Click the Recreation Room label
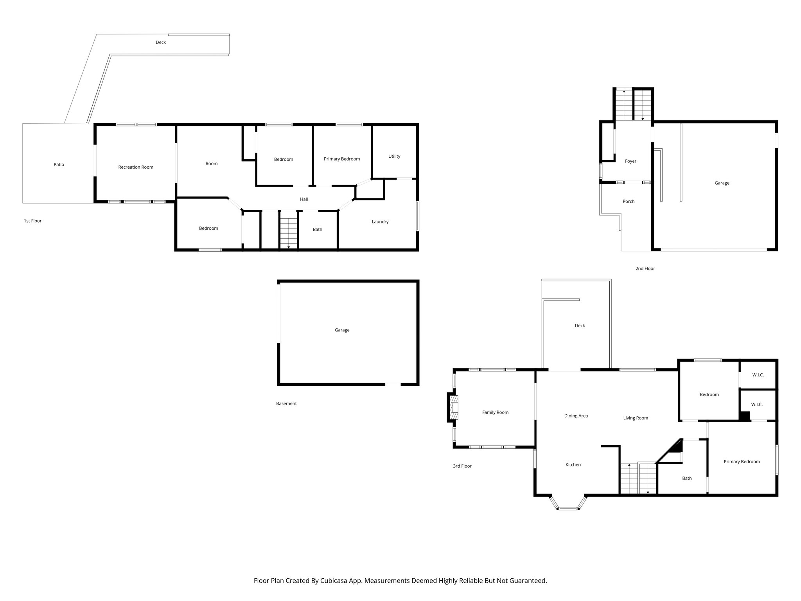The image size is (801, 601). coord(136,167)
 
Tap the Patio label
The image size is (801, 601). coord(59,164)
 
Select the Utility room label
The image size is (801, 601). coord(394,156)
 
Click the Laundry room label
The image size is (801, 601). coord(380,221)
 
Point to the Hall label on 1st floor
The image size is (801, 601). coord(304,199)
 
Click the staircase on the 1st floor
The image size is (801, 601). coord(289,232)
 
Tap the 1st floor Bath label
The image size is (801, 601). coord(317,229)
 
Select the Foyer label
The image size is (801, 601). coord(630,161)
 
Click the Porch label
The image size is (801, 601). coord(629,202)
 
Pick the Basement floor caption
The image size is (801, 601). coord(286,403)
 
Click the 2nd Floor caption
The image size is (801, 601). coord(645,268)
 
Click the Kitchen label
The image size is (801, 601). coord(573,464)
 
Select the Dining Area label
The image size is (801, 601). coord(576,416)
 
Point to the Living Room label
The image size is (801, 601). coord(636,418)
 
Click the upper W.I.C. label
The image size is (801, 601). coord(758,375)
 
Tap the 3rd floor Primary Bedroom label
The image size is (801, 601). coord(742,462)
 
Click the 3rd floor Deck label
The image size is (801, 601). coord(580,326)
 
